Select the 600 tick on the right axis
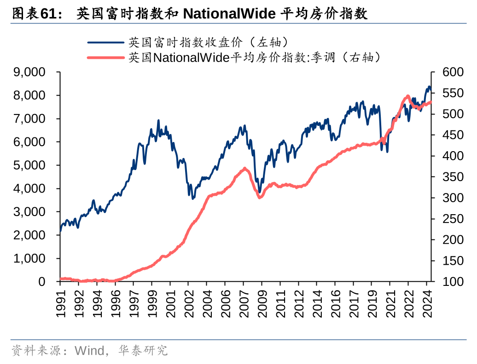tap(452, 72)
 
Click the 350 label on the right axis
tap(452, 177)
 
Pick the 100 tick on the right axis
tap(452, 282)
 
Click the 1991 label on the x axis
tap(60, 303)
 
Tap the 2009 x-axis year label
tap(262, 303)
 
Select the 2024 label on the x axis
tap(426, 303)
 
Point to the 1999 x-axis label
tap(152, 303)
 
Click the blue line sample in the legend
tap(106, 43)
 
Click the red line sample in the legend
tap(106, 57)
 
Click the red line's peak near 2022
tap(407, 96)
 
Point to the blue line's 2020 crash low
tap(387, 152)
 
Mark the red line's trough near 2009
tap(260, 198)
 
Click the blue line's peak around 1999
tap(158, 120)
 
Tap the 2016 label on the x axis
tap(335, 303)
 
